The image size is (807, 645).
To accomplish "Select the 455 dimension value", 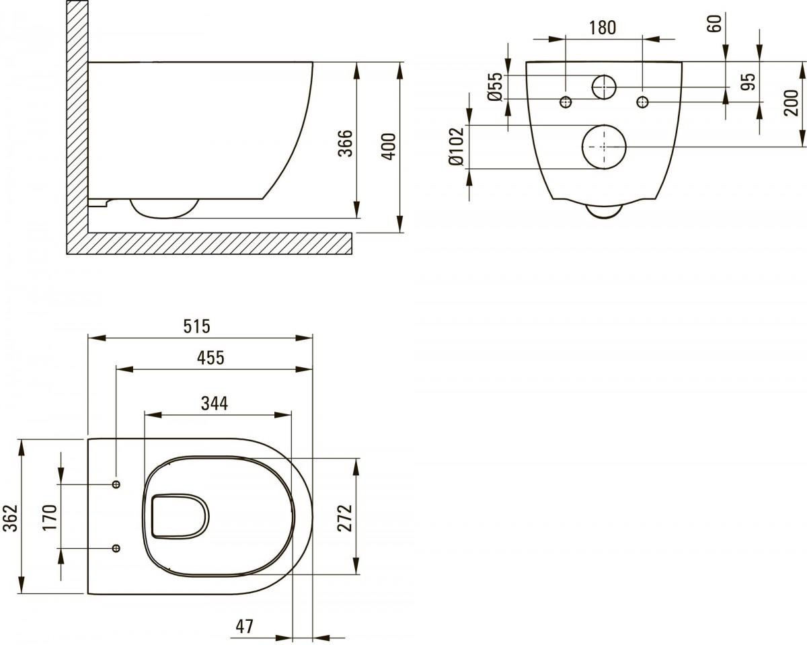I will coord(210,358).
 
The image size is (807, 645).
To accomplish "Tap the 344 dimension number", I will coord(215,404).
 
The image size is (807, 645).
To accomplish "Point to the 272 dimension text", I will coord(344,517).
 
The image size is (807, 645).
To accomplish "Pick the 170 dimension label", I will coord(48,517).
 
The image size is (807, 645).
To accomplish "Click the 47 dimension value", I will coord(244,626).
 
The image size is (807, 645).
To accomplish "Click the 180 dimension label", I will coord(603,28).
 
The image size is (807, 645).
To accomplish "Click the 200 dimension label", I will coord(791,103).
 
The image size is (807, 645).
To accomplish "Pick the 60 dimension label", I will coord(715,22).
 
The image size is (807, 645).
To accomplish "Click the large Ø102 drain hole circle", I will coord(604,147).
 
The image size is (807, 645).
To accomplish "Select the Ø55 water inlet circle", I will coord(604,87).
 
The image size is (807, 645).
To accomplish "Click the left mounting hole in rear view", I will coord(566,102).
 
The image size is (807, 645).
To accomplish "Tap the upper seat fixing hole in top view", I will coord(116,484).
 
